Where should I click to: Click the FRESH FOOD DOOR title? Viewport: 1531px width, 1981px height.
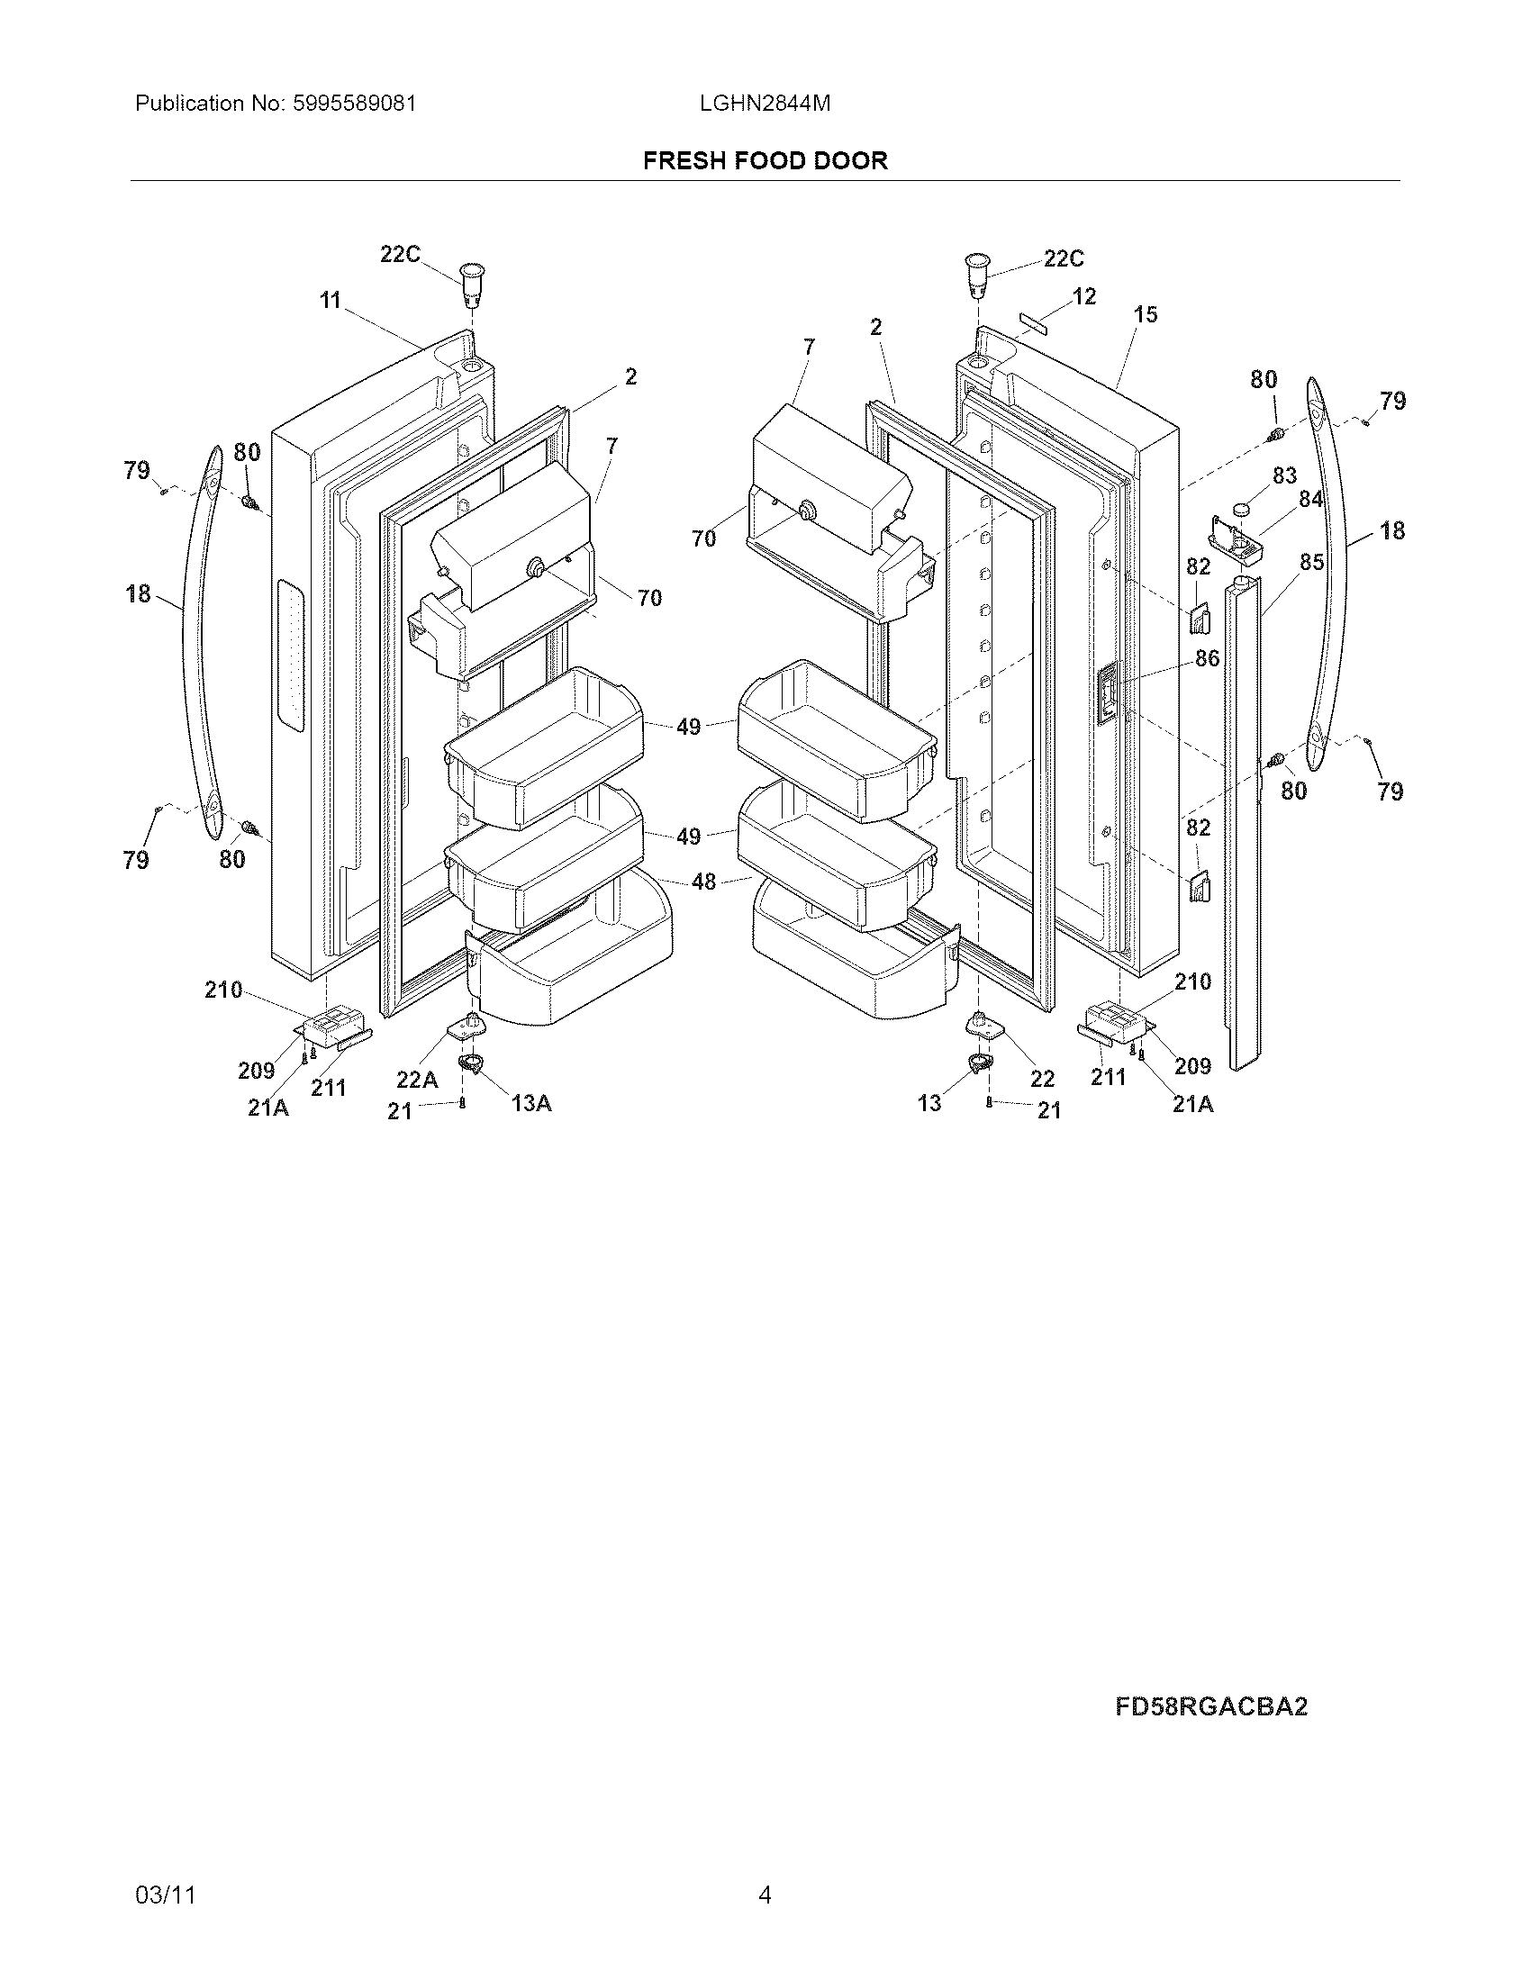(x=765, y=160)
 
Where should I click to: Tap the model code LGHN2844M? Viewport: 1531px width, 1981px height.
(x=765, y=104)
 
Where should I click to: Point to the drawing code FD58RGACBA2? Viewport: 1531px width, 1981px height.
(x=1210, y=1706)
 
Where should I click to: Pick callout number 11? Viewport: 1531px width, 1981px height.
(x=331, y=299)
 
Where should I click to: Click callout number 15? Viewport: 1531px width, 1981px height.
(x=1146, y=314)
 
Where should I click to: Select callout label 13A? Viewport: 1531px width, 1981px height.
(x=531, y=1103)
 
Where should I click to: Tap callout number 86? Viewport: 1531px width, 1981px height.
(x=1207, y=658)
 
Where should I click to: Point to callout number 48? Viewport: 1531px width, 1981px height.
(x=704, y=881)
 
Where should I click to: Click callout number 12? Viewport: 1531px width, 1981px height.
(x=1083, y=296)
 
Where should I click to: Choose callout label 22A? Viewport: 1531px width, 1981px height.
(x=417, y=1080)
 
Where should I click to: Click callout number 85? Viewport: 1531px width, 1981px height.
(x=1311, y=563)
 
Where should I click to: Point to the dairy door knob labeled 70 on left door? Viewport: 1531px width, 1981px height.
(x=537, y=568)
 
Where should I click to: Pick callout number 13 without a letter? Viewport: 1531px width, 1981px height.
(x=929, y=1103)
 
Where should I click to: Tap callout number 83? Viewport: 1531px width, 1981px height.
(x=1284, y=475)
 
